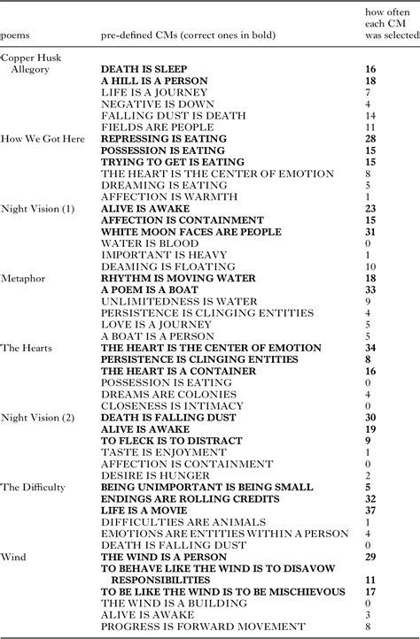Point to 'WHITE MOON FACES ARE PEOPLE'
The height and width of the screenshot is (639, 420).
click(190, 232)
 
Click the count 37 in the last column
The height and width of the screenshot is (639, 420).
click(370, 510)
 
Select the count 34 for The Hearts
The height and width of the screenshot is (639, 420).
click(370, 348)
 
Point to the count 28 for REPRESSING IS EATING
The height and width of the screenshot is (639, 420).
click(370, 139)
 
